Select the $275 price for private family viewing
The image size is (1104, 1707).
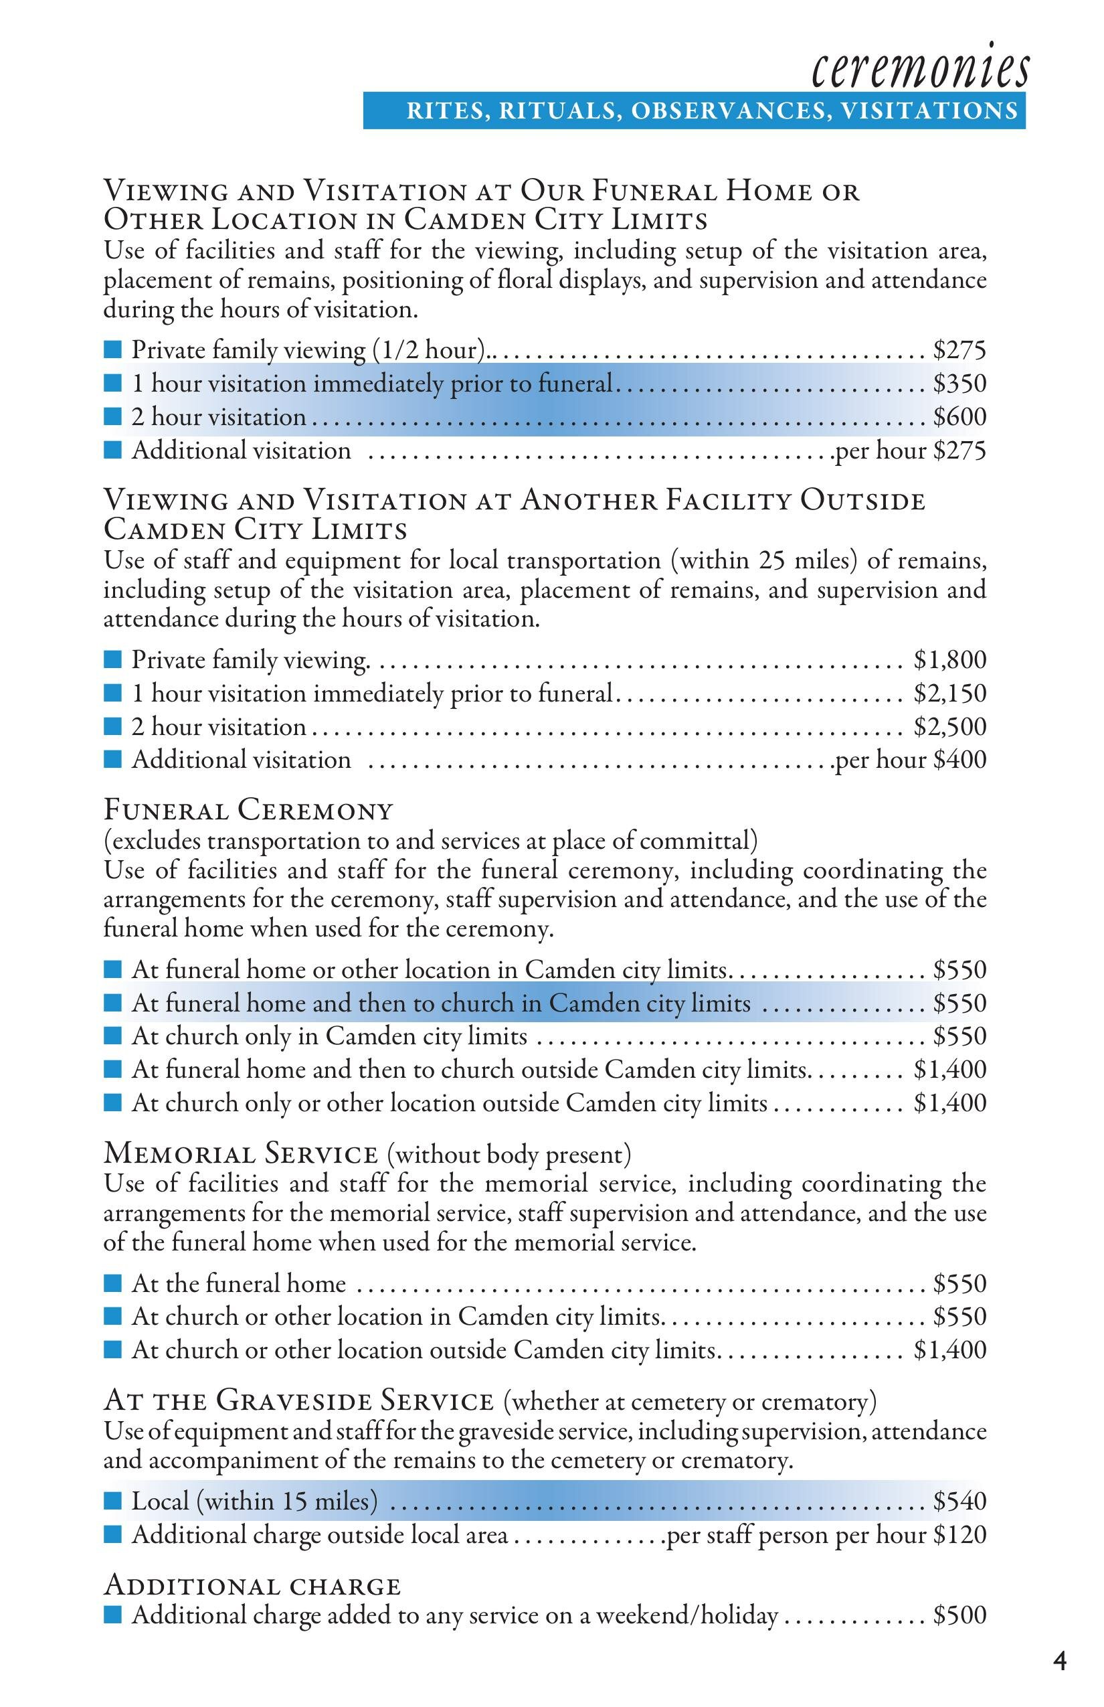(960, 350)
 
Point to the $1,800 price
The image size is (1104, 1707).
(950, 659)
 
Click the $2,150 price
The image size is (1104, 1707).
(950, 693)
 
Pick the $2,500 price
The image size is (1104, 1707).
(950, 726)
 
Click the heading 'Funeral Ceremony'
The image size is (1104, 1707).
(249, 811)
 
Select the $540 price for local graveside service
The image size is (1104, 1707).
(960, 1500)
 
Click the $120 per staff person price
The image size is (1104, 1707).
(960, 1535)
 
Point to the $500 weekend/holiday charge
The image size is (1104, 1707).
(960, 1615)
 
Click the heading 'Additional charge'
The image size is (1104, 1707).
(252, 1585)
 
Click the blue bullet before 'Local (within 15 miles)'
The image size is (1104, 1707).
(112, 1501)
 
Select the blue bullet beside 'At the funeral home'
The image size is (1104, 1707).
(112, 1283)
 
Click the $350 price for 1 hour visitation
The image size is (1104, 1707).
(960, 384)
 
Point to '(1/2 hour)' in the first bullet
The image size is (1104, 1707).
(429, 350)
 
